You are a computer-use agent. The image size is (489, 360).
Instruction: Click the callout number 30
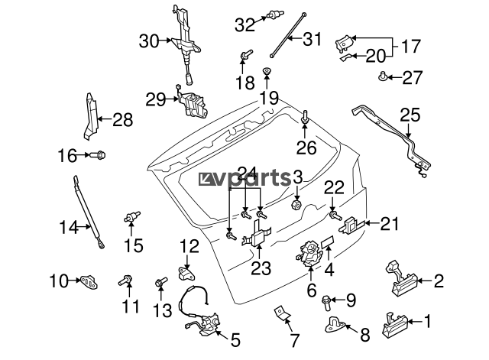[148, 41]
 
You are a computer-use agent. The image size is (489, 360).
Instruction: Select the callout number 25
[410, 115]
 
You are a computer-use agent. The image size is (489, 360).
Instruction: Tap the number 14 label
[68, 226]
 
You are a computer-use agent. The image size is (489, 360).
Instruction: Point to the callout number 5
[235, 338]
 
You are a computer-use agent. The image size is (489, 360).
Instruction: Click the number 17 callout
[410, 46]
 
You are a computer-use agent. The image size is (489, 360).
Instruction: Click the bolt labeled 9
[329, 299]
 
